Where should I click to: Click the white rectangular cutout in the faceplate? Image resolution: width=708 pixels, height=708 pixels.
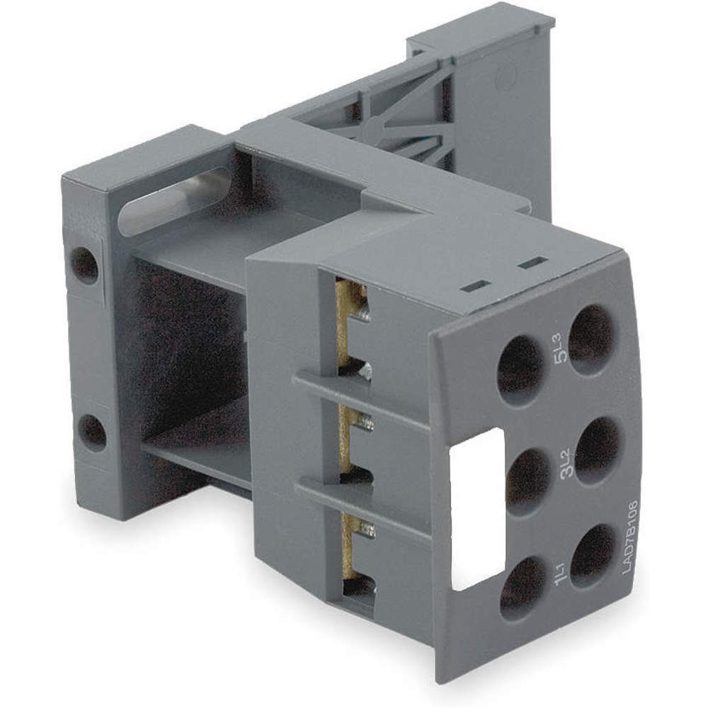(x=477, y=509)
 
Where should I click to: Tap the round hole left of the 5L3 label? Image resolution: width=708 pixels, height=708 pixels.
(x=521, y=370)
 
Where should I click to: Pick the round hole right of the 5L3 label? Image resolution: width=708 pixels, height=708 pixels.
(x=592, y=339)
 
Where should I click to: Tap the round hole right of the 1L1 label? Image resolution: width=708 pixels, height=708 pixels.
(x=593, y=556)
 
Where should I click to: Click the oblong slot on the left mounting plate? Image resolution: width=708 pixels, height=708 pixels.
(x=173, y=202)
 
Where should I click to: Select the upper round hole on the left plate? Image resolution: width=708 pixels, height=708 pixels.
(x=86, y=265)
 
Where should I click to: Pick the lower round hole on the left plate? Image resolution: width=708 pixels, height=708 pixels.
(x=92, y=431)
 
